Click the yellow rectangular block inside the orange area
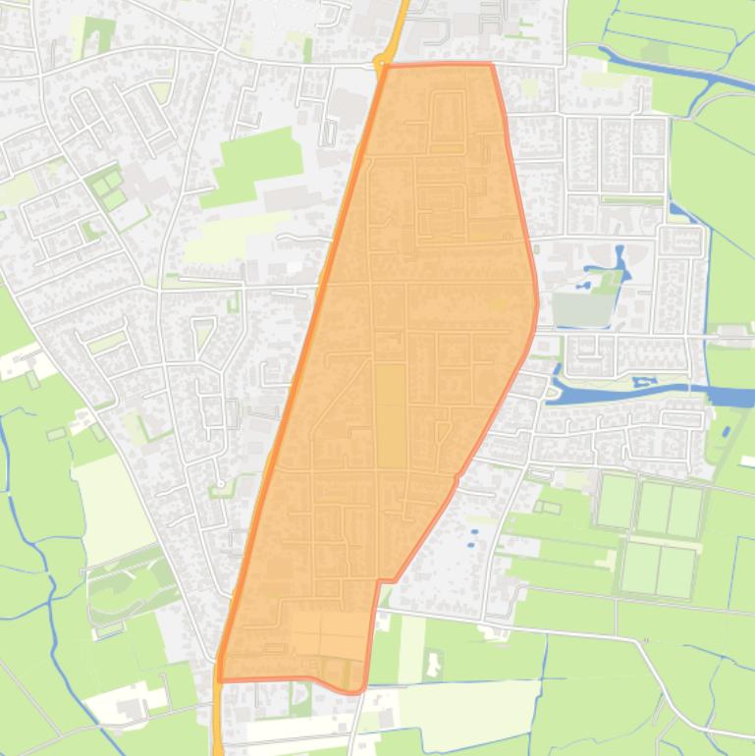coord(390,414)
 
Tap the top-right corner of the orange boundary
coord(491,65)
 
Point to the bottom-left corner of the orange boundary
coord(219,679)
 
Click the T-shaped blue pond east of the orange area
coord(617,263)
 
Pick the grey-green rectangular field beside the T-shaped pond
coord(582,309)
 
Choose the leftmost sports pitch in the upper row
coord(616,502)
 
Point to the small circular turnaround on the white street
coord(222,484)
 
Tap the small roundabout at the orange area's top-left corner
coord(382,66)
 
